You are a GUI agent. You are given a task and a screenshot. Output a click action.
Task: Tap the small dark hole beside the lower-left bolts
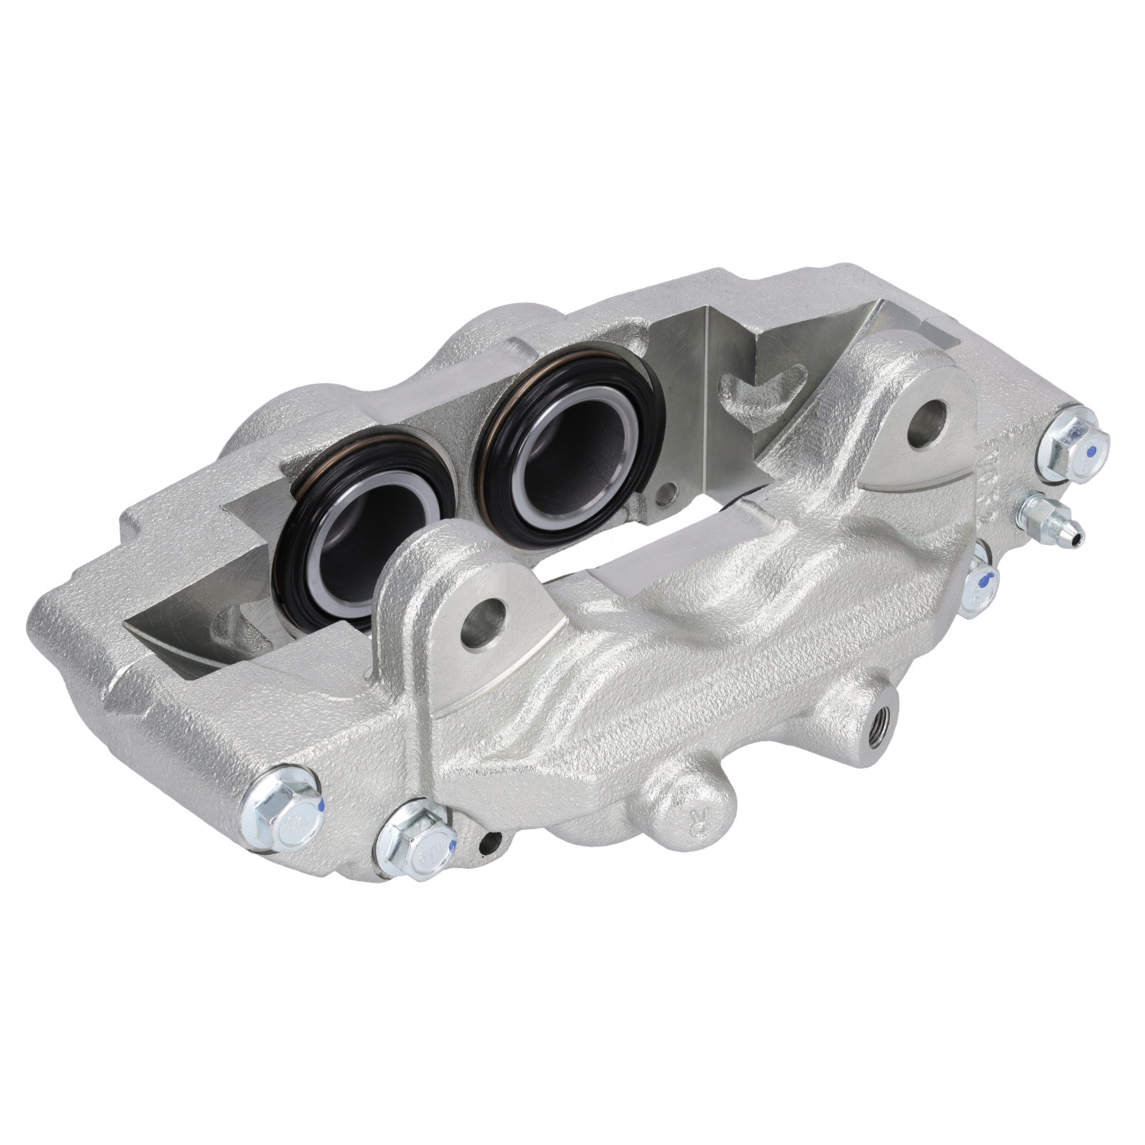tap(492, 842)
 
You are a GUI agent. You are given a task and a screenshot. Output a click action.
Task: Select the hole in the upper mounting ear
tap(927, 420)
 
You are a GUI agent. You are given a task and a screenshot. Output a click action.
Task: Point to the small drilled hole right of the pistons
tap(669, 493)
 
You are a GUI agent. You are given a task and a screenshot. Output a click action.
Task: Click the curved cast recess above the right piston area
tap(756, 382)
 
